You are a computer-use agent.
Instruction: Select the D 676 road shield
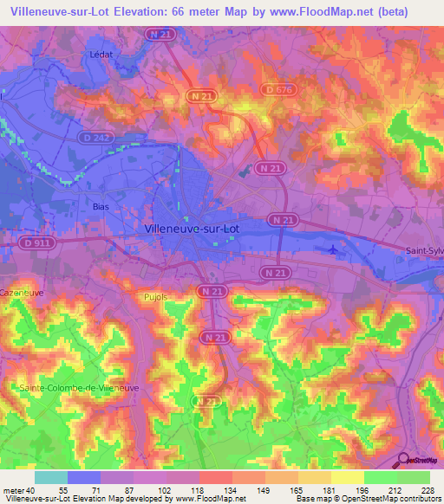tap(277, 88)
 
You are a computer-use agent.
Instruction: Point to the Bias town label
tap(101, 207)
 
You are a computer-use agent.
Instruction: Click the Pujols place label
tap(153, 296)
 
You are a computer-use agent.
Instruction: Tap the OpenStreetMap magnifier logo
tap(404, 459)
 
